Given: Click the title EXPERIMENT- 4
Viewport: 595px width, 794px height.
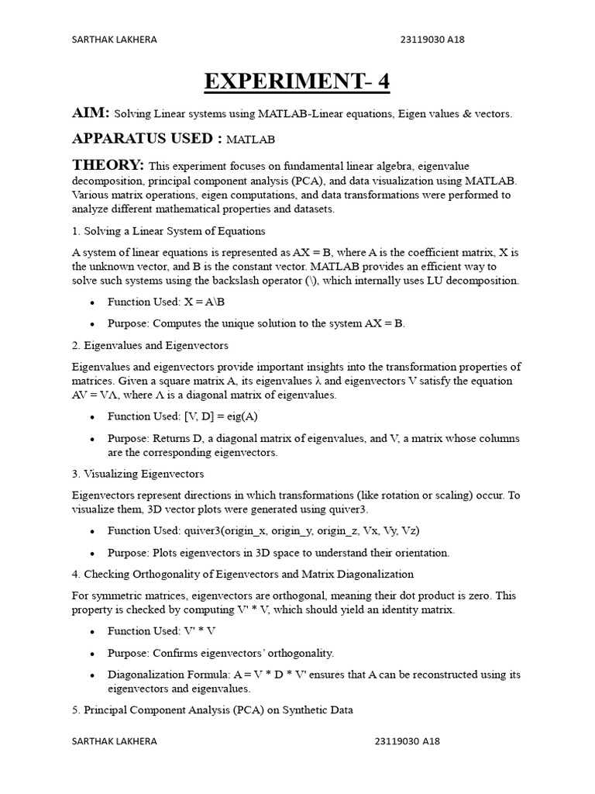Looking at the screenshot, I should coord(297,81).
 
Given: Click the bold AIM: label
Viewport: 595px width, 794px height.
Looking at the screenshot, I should coord(91,113).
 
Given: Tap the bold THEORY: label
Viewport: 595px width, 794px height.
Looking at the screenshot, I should coord(108,165).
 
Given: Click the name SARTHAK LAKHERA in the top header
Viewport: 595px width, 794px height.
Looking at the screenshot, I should coord(114,40).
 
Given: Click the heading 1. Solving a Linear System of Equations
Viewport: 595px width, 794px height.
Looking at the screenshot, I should coord(168,231).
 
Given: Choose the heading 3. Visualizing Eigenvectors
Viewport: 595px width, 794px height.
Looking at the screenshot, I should coord(138,473).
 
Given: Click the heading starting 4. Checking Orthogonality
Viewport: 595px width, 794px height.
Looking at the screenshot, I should coord(242,574).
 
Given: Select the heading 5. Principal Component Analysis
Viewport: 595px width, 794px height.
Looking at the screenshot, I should coord(212,709).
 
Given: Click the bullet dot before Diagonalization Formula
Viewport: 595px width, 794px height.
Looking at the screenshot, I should coord(93,675).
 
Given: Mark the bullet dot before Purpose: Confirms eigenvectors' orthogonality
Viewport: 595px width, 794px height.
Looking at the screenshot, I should coord(93,654).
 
